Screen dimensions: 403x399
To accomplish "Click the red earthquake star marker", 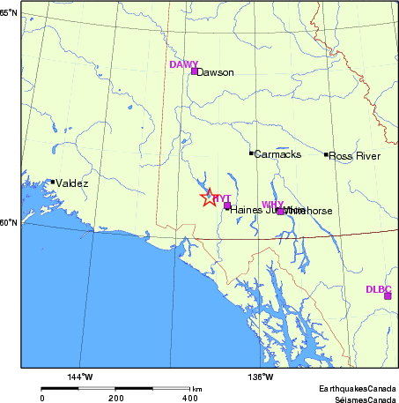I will click(208, 198).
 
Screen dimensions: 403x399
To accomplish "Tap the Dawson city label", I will click(217, 73).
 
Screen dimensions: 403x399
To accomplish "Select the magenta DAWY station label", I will click(184, 64).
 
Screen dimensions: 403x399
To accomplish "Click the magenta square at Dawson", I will click(195, 71).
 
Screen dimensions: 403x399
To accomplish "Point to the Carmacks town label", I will click(278, 155).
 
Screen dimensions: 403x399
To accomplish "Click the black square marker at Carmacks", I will click(252, 153).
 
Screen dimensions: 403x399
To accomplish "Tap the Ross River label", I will click(356, 156).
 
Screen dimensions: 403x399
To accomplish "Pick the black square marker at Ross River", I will click(326, 154).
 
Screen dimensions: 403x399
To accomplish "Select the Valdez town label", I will click(72, 183).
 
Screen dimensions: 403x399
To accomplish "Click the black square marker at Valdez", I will click(53, 182).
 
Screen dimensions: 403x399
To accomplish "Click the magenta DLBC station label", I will click(379, 288).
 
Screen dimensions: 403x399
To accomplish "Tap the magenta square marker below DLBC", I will click(387, 295).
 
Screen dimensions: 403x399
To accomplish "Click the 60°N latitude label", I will click(9, 222).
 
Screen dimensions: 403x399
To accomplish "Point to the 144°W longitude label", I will click(80, 377).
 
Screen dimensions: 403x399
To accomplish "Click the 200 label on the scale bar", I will click(115, 398).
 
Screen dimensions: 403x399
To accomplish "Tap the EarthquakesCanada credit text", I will click(358, 388).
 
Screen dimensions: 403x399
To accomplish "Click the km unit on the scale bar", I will click(197, 389).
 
